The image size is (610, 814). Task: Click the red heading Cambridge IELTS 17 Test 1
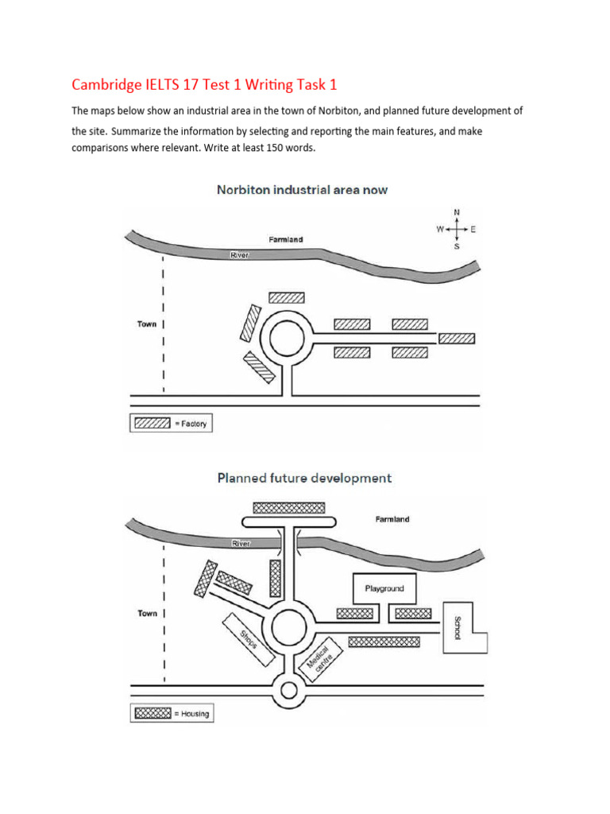pyautogui.click(x=210, y=84)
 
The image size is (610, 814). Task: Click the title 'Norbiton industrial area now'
pyautogui.click(x=302, y=191)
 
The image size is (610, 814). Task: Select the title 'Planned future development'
pyautogui.click(x=304, y=479)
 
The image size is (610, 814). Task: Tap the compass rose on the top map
pyautogui.click(x=456, y=229)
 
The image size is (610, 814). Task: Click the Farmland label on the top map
pyautogui.click(x=284, y=239)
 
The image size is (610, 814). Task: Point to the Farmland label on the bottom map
pyautogui.click(x=392, y=519)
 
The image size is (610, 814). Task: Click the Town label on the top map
pyautogui.click(x=147, y=324)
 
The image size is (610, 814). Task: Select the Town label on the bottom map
pyautogui.click(x=147, y=614)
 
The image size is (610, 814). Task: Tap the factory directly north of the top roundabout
pyautogui.click(x=287, y=297)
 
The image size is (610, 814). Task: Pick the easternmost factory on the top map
pyautogui.click(x=457, y=339)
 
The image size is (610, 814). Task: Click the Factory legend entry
pyautogui.click(x=171, y=424)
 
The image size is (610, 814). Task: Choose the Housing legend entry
pyautogui.click(x=172, y=713)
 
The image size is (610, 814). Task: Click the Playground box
pyautogui.click(x=384, y=589)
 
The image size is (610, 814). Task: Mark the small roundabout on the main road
pyautogui.click(x=287, y=690)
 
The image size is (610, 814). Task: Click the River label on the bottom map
pyautogui.click(x=240, y=544)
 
